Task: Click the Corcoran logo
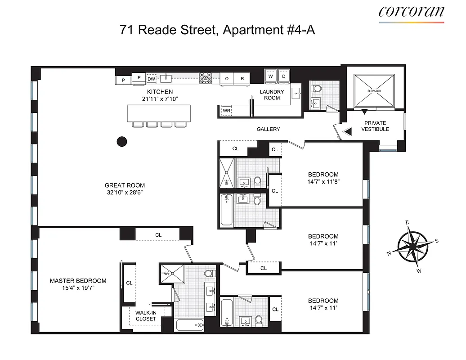(x=411, y=12)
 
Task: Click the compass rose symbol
(x=413, y=247)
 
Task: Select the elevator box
(x=373, y=90)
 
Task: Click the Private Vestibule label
(x=375, y=126)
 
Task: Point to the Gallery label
(x=268, y=129)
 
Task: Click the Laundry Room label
(x=272, y=95)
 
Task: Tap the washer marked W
(x=270, y=76)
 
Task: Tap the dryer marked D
(x=283, y=76)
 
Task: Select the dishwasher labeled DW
(x=152, y=78)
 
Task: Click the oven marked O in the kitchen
(x=227, y=78)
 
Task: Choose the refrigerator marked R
(x=242, y=78)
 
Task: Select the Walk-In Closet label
(x=146, y=315)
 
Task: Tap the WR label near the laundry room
(x=226, y=111)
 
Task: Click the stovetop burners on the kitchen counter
(x=206, y=78)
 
